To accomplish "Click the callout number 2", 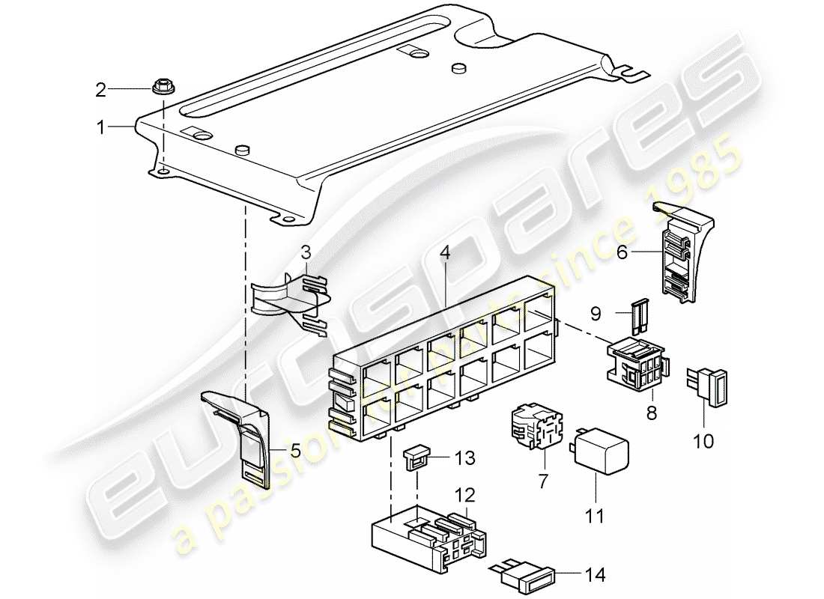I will coord(100,91).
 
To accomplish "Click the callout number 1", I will coord(100,128).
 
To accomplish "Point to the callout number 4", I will coord(445,254).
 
